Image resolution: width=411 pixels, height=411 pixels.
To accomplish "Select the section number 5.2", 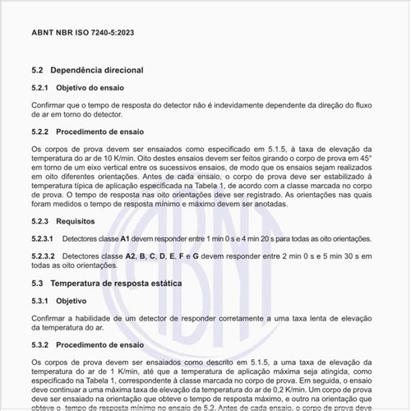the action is [38, 71].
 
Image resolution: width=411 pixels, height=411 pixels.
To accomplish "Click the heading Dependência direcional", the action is [97, 71].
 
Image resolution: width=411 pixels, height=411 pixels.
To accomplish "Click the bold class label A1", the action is [124, 238].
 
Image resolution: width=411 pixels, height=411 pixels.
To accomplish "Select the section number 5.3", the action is [38, 283].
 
